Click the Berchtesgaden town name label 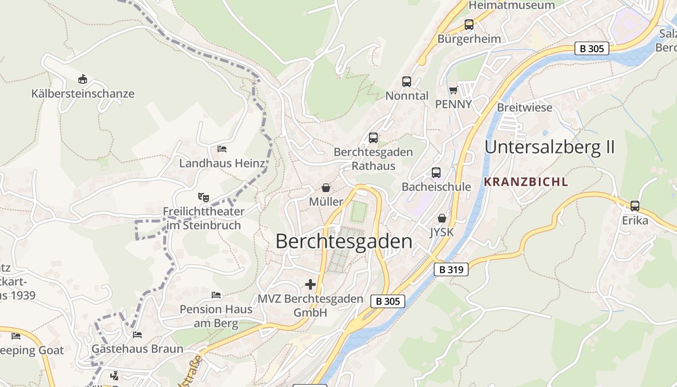tap(344, 241)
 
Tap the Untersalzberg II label tap(549, 147)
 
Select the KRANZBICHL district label tap(526, 182)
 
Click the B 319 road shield tap(451, 269)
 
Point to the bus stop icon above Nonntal tap(406, 82)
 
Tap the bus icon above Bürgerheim tap(469, 25)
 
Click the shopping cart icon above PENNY tap(453, 90)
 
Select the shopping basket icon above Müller tap(326, 188)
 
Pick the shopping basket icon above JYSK tap(442, 218)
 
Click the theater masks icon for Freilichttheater tap(204, 197)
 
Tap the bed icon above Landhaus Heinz tap(222, 149)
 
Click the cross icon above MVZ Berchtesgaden tap(310, 284)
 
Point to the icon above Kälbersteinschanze tap(83, 79)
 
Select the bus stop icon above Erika tap(634, 206)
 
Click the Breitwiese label tap(525, 107)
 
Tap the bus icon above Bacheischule tap(436, 173)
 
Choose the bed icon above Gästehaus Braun tap(137, 334)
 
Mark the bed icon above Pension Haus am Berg tap(216, 295)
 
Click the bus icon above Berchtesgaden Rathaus tap(373, 138)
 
